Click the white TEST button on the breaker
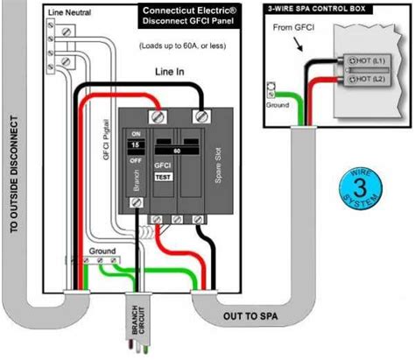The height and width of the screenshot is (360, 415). click(163, 176)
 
